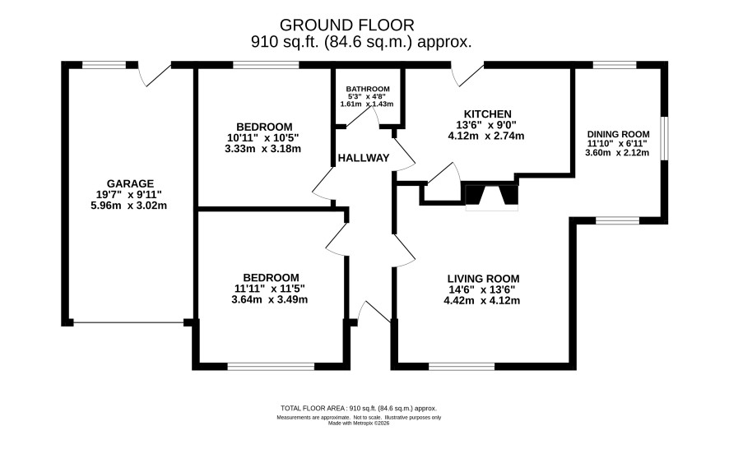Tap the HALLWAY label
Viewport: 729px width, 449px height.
[364, 158]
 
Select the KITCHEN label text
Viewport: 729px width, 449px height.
[487, 113]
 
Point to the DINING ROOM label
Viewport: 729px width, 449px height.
[618, 134]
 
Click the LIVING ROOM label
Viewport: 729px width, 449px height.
[483, 279]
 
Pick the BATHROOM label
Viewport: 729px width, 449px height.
[367, 89]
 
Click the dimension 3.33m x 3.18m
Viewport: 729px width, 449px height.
[262, 149]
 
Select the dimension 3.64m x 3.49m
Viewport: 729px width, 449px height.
[269, 300]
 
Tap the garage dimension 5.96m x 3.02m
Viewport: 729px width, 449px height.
[129, 206]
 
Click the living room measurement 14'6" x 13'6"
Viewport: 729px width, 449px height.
[481, 289]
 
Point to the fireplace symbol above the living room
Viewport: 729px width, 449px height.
[492, 197]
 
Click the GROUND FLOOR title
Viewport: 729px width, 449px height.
[346, 25]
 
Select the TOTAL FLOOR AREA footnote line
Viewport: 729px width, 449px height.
[359, 409]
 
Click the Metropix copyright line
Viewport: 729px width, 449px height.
[359, 424]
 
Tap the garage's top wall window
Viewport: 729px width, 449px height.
[104, 65]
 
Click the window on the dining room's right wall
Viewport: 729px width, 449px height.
[664, 138]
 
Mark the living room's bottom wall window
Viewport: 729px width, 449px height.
[462, 367]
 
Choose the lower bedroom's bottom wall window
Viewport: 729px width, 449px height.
[271, 367]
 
